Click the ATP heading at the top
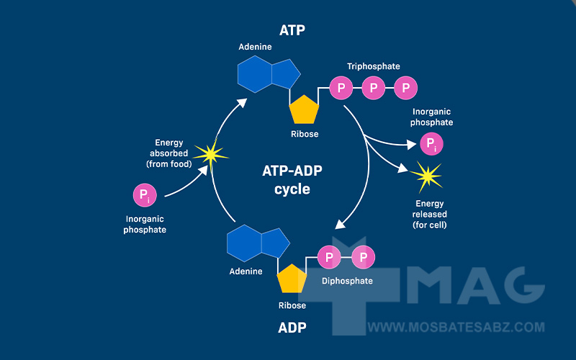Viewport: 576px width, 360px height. click(x=292, y=30)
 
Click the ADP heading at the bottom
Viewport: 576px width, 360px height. click(x=292, y=328)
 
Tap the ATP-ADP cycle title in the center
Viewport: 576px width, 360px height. click(x=292, y=180)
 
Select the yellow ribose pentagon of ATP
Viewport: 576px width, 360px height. click(x=304, y=110)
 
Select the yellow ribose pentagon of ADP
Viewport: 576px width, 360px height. click(x=292, y=278)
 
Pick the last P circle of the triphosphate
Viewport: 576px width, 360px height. click(x=406, y=89)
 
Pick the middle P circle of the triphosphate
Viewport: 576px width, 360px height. click(x=374, y=89)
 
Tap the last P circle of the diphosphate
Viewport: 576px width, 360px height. click(x=363, y=257)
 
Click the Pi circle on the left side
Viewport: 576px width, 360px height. click(x=145, y=195)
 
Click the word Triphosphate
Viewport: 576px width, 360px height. click(x=373, y=66)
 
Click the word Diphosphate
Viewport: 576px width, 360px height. click(x=347, y=281)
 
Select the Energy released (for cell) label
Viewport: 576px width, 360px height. click(x=430, y=214)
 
